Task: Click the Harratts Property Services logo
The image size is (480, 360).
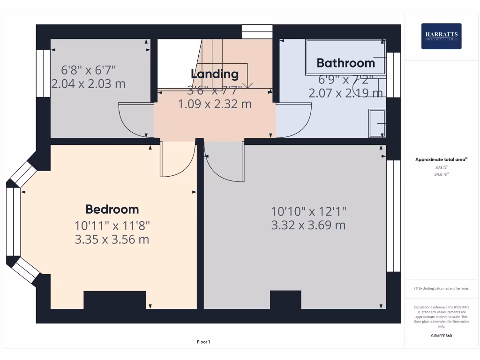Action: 441,36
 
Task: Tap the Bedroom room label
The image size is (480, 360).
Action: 112,209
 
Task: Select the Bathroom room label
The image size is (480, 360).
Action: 346,63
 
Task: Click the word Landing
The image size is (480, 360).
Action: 215,74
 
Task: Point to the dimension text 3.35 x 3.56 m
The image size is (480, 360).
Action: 112,240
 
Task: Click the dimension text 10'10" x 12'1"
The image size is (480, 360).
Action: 308,211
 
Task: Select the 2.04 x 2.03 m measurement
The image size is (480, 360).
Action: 89,84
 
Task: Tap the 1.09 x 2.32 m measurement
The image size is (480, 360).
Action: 215,104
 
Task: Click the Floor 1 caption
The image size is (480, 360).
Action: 203,342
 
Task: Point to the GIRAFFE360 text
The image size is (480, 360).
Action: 441,336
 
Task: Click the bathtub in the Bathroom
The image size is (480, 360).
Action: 345,57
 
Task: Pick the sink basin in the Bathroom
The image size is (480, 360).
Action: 377,123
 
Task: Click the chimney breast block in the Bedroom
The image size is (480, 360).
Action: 115,300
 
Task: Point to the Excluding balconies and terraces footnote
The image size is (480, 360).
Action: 441,288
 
